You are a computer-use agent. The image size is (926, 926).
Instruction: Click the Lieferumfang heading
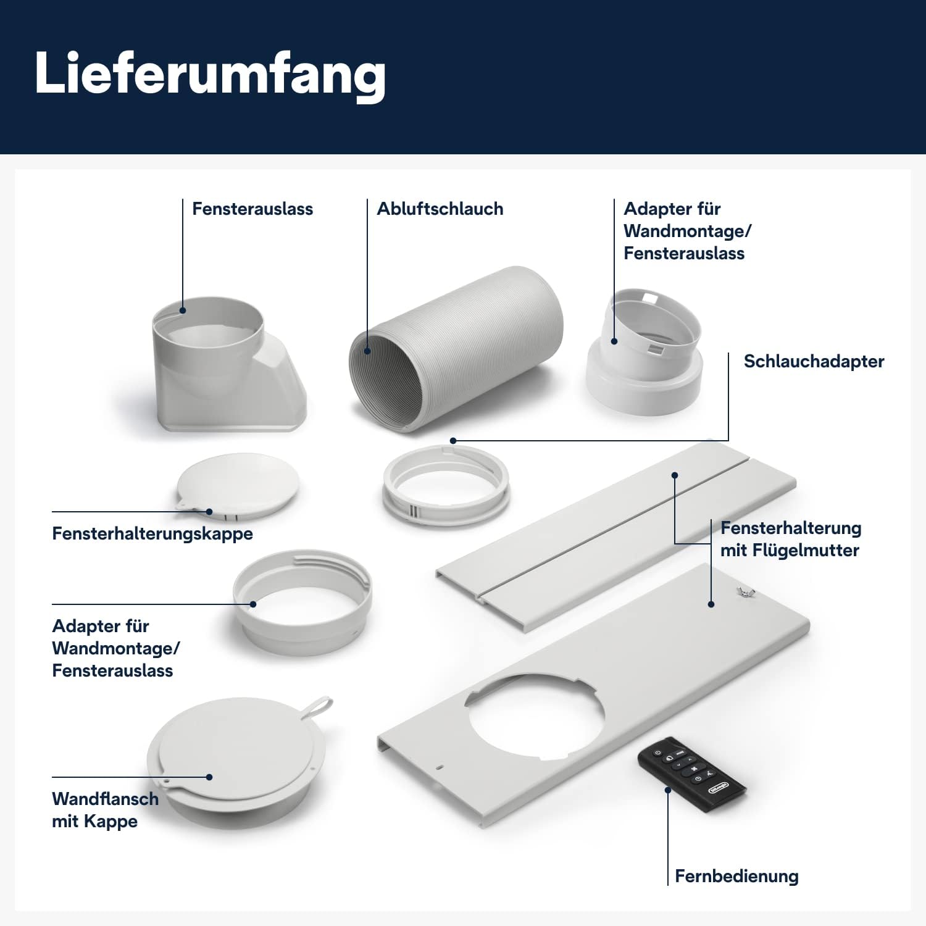click(210, 74)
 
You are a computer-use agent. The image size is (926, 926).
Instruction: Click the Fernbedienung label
click(736, 876)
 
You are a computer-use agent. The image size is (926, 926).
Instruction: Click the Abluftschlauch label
click(440, 209)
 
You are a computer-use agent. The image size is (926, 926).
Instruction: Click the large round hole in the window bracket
click(535, 715)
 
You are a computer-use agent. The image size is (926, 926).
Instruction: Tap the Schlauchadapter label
click(814, 361)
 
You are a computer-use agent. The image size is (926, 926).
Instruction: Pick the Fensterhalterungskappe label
click(152, 533)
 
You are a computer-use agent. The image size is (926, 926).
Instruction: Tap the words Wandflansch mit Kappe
click(105, 809)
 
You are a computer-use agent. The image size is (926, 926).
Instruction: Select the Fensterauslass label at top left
click(252, 209)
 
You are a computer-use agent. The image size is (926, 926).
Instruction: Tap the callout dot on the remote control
click(668, 790)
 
